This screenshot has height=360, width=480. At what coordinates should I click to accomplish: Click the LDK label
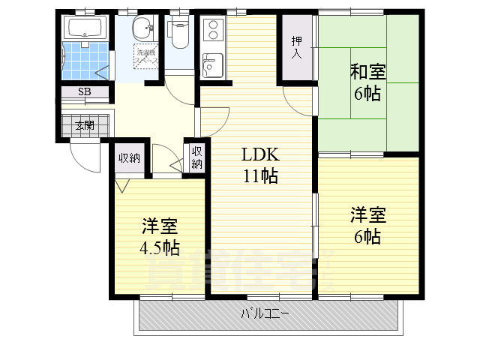[x=260, y=155]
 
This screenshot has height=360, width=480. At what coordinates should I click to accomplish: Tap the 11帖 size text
[x=260, y=177]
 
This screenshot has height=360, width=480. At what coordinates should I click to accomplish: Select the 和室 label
[x=367, y=73]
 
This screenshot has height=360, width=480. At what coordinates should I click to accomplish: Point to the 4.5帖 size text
[x=159, y=247]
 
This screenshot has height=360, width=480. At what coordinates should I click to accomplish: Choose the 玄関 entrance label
[x=84, y=125]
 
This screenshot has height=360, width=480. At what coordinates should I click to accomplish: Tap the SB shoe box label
[x=84, y=93]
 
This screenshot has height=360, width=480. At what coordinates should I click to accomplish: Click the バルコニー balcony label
[x=265, y=313]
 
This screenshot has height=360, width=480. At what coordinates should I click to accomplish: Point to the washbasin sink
[x=142, y=30]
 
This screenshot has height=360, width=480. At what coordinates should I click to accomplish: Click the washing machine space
[x=144, y=56]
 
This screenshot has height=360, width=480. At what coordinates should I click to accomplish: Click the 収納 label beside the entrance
[x=129, y=157]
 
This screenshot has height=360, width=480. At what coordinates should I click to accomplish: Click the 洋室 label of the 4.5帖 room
[x=159, y=226]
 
